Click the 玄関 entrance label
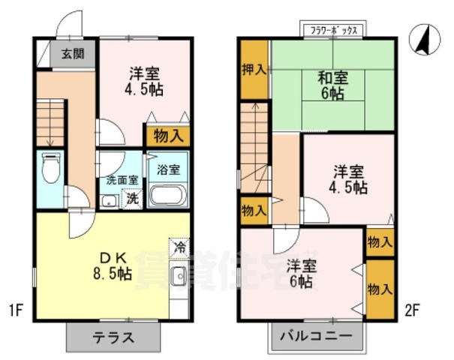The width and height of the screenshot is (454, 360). click(x=73, y=53)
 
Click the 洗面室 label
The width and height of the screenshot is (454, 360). click(x=121, y=180)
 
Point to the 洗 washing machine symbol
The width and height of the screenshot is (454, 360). click(x=133, y=199)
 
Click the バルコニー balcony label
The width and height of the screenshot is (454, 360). click(x=316, y=335)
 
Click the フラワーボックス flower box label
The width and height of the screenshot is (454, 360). click(x=334, y=31)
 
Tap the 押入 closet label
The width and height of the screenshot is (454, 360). click(x=254, y=70)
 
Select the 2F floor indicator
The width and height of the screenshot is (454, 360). click(x=413, y=309)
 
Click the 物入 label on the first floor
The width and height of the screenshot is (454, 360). click(x=167, y=136)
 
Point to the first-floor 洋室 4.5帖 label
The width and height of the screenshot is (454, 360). click(x=143, y=80)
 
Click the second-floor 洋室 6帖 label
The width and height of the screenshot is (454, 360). click(x=301, y=273)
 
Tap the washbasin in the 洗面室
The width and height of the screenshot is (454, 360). click(x=108, y=199)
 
